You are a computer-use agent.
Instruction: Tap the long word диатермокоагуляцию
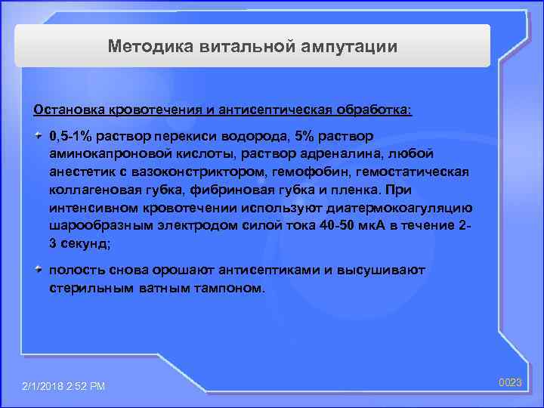click(408, 208)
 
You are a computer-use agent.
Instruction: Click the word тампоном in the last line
click(230, 288)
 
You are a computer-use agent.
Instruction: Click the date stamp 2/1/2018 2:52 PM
click(64, 386)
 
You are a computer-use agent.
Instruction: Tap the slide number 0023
click(510, 383)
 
